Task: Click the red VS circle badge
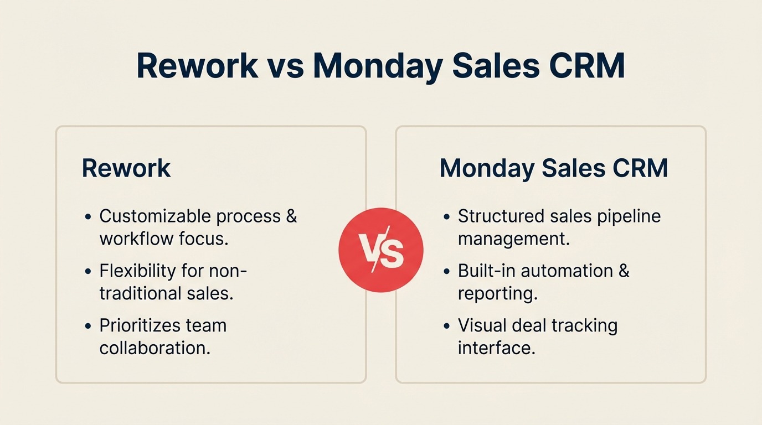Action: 380,250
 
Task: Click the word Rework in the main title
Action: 197,66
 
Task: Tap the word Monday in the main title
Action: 378,66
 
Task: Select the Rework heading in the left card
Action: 126,168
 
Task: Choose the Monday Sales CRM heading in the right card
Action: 554,168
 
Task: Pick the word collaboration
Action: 155,348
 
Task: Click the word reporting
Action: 497,294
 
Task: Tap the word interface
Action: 496,348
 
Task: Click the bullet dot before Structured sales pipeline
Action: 447,217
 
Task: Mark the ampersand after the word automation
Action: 623,271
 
